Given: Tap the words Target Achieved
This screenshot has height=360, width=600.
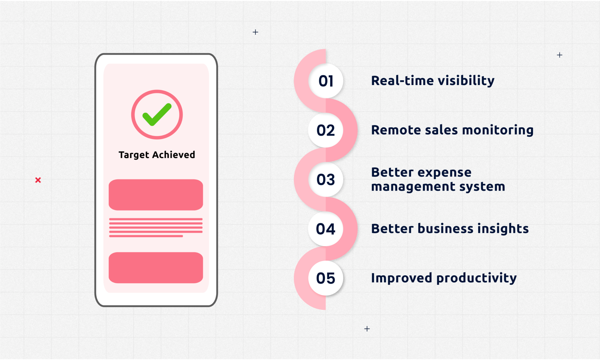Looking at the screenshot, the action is point(157,155).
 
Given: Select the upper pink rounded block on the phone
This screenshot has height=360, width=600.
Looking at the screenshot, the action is point(156,194).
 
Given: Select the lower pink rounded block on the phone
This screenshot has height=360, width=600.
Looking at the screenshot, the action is point(156,267).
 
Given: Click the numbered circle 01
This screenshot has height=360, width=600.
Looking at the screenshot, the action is point(326,81).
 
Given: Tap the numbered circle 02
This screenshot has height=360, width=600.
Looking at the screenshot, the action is point(326,130).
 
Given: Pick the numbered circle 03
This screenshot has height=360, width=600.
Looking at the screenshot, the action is point(326,179).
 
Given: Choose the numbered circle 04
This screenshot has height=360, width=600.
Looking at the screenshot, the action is point(326,229).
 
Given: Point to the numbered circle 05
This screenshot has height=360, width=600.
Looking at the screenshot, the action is point(326,278).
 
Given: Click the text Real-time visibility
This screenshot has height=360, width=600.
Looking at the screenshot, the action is point(432,81).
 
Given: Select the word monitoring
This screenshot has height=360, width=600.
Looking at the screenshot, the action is point(498,130).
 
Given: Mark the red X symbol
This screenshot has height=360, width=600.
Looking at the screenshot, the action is point(38,180).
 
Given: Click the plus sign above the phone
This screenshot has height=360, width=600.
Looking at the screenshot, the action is point(256,32).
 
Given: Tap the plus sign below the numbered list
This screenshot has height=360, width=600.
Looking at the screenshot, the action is point(367,329).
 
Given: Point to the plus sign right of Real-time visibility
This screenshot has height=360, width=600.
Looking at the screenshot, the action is point(560,55).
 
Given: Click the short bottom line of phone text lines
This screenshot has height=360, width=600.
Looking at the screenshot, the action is point(146,236).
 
